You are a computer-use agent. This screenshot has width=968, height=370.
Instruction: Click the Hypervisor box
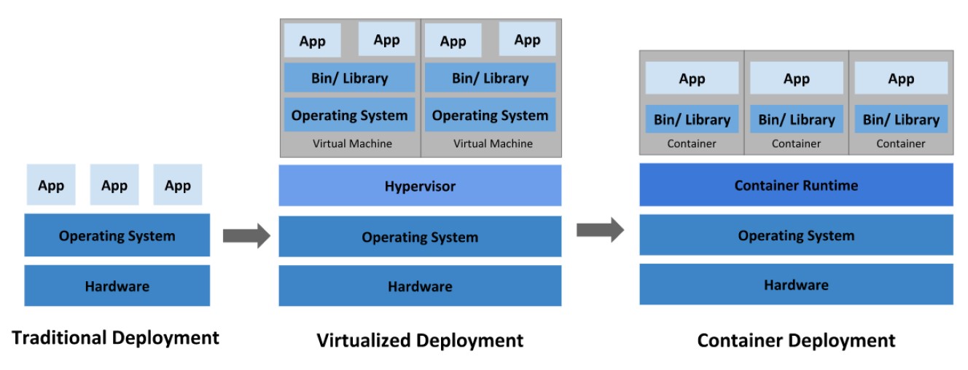click(x=420, y=186)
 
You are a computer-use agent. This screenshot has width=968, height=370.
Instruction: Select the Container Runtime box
click(x=796, y=185)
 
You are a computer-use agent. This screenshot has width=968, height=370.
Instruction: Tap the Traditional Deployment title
click(x=116, y=338)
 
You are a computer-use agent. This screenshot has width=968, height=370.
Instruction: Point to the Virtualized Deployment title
click(x=420, y=340)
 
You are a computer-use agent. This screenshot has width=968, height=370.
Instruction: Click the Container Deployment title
click(x=796, y=340)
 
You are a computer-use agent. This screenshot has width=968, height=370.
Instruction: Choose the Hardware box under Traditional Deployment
click(x=117, y=286)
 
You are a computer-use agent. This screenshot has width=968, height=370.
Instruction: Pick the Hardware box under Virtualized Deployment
click(x=420, y=286)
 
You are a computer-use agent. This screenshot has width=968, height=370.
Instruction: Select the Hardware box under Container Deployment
click(x=796, y=285)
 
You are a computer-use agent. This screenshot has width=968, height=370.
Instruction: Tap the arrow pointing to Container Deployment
click(x=600, y=230)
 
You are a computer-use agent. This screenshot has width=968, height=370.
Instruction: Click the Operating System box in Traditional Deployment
click(x=117, y=235)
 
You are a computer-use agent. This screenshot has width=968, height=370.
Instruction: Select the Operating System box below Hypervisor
click(x=420, y=237)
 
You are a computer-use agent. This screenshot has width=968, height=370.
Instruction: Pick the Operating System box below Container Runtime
click(x=796, y=235)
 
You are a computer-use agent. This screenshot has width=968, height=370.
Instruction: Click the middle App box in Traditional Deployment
click(x=114, y=185)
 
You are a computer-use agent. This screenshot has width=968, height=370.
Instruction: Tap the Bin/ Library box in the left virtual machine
click(x=349, y=78)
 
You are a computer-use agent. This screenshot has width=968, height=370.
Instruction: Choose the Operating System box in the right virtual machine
click(x=490, y=115)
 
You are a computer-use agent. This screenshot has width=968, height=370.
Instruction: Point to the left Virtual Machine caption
click(x=352, y=143)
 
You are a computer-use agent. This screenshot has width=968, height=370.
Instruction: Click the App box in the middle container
click(x=796, y=79)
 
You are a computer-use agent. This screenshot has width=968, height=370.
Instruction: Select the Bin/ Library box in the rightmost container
click(x=901, y=119)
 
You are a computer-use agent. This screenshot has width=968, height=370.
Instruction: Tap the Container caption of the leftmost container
click(x=692, y=143)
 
